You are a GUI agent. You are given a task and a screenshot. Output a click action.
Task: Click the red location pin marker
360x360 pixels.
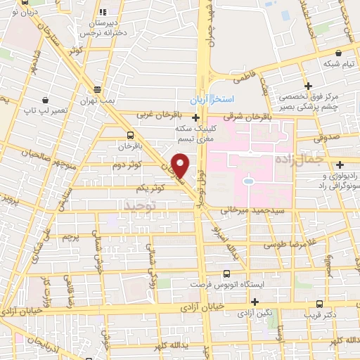point(181,166)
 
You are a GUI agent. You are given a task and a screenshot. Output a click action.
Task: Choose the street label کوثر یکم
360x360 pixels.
point(152,188)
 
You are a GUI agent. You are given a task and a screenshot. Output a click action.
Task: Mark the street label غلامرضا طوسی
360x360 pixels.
point(289,245)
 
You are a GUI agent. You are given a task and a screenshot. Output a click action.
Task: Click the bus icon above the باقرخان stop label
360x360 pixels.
point(130,135)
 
